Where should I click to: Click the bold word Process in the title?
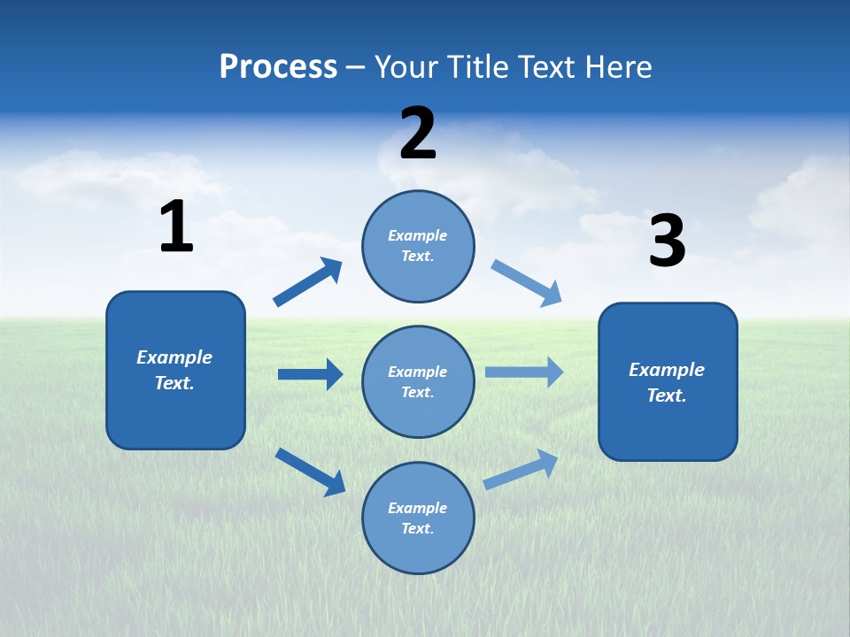click(x=278, y=66)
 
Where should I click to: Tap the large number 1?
click(x=176, y=226)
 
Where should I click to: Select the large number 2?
click(x=418, y=134)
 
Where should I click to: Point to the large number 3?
click(x=667, y=241)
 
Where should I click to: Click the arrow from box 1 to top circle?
click(x=307, y=282)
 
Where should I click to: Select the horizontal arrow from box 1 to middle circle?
click(x=310, y=374)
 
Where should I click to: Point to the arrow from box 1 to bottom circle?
click(x=310, y=471)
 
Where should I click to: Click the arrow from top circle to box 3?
click(x=526, y=283)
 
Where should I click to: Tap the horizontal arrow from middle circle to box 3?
click(x=524, y=372)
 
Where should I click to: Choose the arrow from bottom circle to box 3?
click(x=521, y=470)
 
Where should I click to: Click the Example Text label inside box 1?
click(x=174, y=370)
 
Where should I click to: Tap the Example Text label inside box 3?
click(x=667, y=382)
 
